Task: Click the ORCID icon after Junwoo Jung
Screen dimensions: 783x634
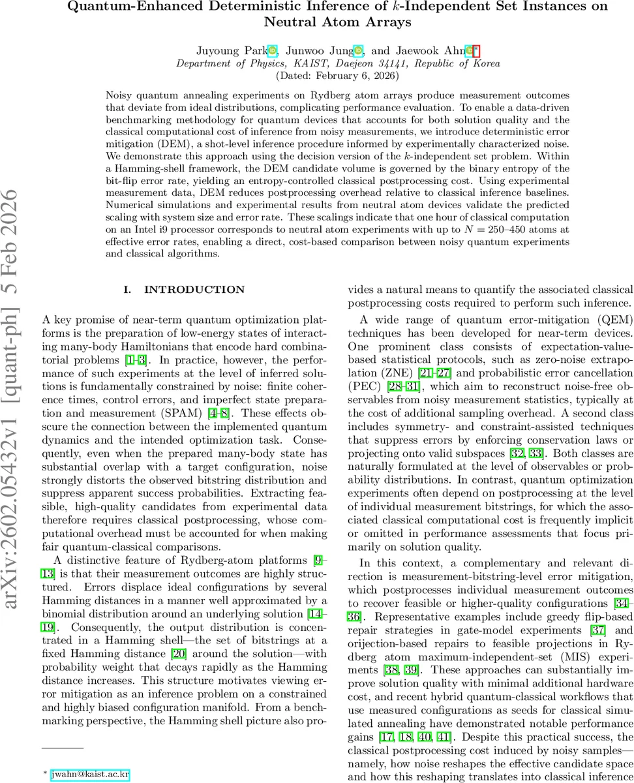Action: pos(358,51)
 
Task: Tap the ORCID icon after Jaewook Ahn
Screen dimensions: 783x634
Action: pos(468,51)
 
